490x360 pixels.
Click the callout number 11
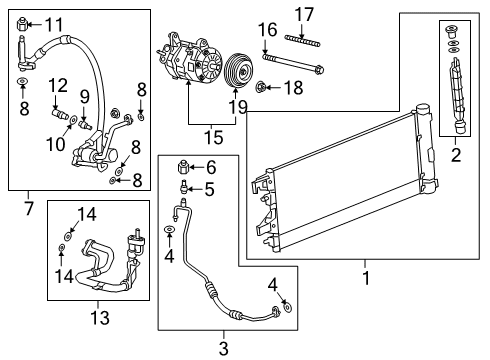[52, 24]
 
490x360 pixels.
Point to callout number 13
[100, 317]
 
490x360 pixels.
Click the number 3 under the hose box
[224, 347]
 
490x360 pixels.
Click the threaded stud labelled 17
[303, 39]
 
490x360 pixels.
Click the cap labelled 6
[183, 167]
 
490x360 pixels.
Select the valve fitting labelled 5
[184, 186]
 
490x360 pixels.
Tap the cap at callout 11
[23, 24]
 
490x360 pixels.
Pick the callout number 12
[59, 85]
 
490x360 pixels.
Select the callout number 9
[85, 98]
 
